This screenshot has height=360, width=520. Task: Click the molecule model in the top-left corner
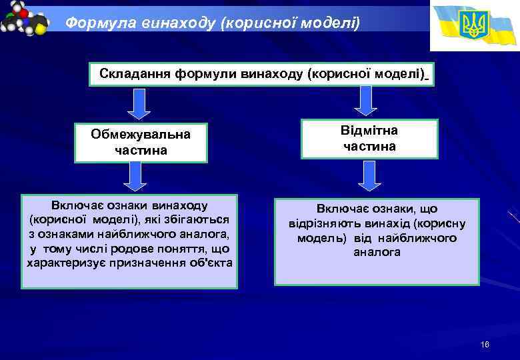point(25,20)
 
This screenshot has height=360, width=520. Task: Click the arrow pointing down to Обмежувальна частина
point(139,103)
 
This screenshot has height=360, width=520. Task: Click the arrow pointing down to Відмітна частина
point(365,101)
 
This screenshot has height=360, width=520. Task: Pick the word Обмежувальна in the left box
point(141,134)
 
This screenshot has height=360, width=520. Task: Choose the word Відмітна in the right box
point(369,130)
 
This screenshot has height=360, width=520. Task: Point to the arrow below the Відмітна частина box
point(371,175)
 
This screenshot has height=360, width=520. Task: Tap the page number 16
point(485,344)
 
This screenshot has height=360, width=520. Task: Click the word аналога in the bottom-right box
point(377,253)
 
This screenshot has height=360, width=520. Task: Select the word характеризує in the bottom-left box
point(67,263)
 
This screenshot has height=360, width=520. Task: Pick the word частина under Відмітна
point(369,146)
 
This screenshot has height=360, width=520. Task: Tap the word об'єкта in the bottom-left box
point(209,263)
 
